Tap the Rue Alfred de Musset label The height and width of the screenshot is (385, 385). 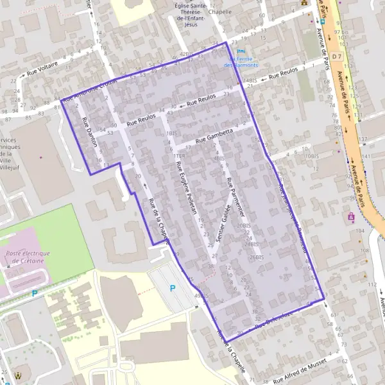(299, 371)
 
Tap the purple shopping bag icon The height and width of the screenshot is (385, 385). (351, 217)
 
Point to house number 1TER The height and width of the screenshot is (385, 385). (179, 155)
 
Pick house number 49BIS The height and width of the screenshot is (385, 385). (201, 296)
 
